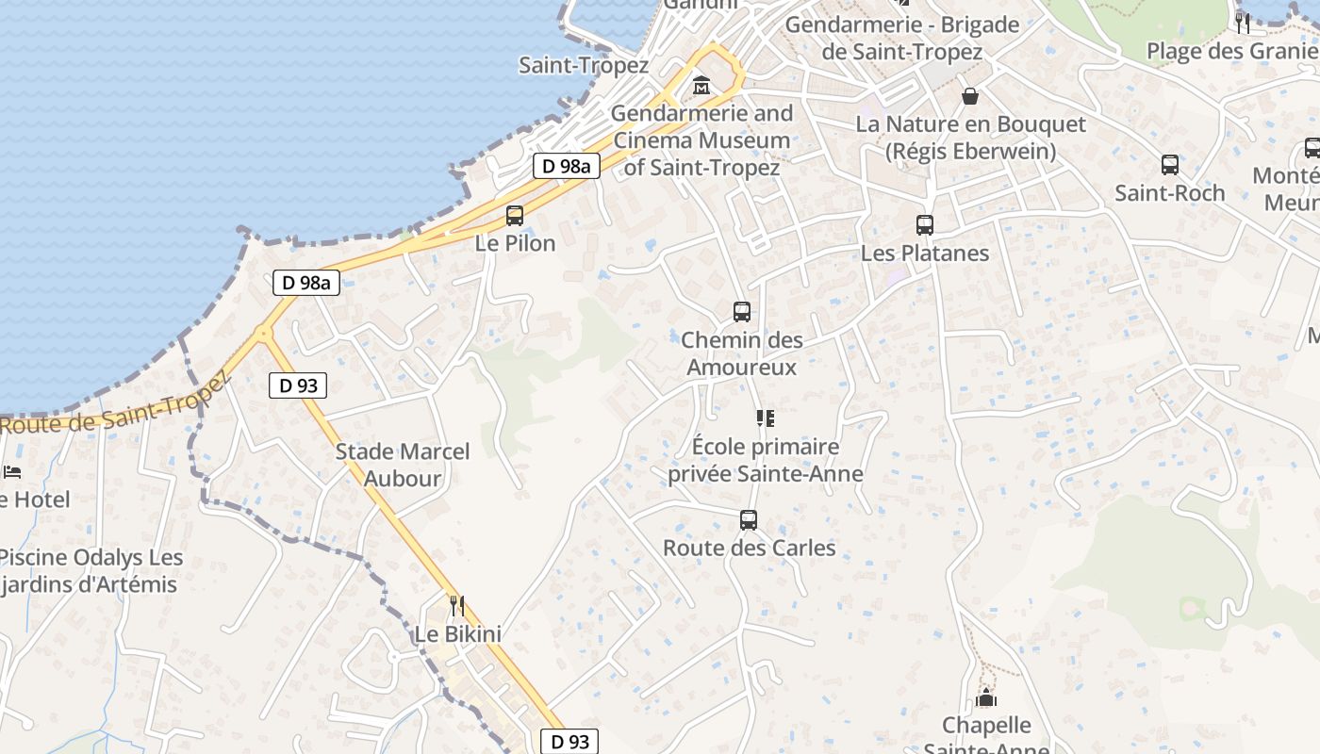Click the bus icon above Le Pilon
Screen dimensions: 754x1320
click(x=514, y=215)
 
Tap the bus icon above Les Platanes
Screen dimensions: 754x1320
click(x=924, y=225)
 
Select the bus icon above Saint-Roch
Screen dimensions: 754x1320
click(x=1169, y=165)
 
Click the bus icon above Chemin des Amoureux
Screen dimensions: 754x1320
click(x=741, y=312)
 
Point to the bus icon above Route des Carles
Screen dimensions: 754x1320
click(x=749, y=519)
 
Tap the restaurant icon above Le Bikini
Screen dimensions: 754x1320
click(x=457, y=606)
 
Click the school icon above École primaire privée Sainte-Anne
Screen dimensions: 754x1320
click(x=765, y=418)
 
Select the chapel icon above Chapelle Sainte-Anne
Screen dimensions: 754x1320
click(x=986, y=697)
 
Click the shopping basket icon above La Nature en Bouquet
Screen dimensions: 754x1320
click(x=969, y=95)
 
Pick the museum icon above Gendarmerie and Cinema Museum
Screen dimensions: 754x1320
click(x=701, y=86)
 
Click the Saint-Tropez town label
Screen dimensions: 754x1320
click(x=584, y=65)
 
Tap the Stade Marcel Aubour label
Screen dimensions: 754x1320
click(x=403, y=465)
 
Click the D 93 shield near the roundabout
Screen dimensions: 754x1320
click(x=298, y=385)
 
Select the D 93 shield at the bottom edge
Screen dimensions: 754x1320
click(x=569, y=741)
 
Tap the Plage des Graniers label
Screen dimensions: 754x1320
click(x=1230, y=50)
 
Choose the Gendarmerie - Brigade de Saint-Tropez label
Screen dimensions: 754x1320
click(x=902, y=38)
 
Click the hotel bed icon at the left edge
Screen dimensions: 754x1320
click(x=11, y=471)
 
